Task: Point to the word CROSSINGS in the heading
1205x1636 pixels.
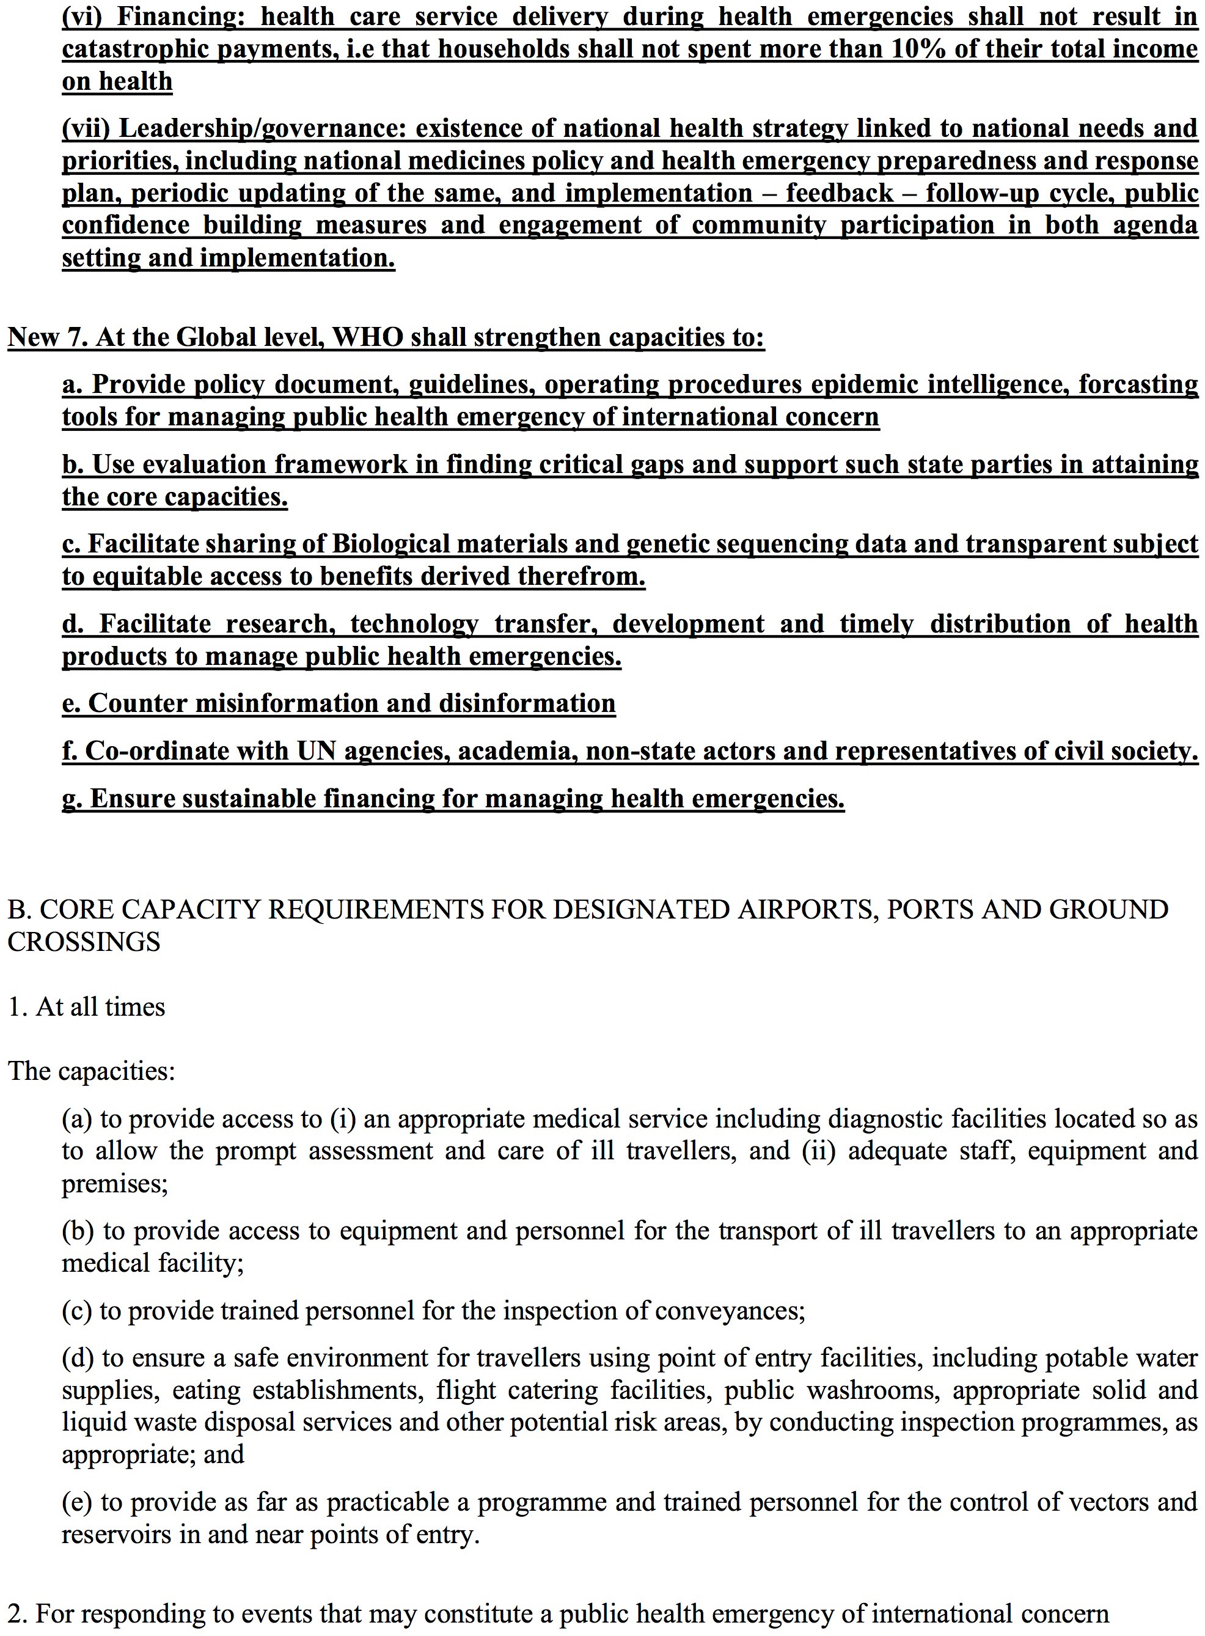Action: [x=84, y=942]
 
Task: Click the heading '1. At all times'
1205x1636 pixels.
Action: [x=87, y=1007]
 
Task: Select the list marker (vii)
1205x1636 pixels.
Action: [x=86, y=128]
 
